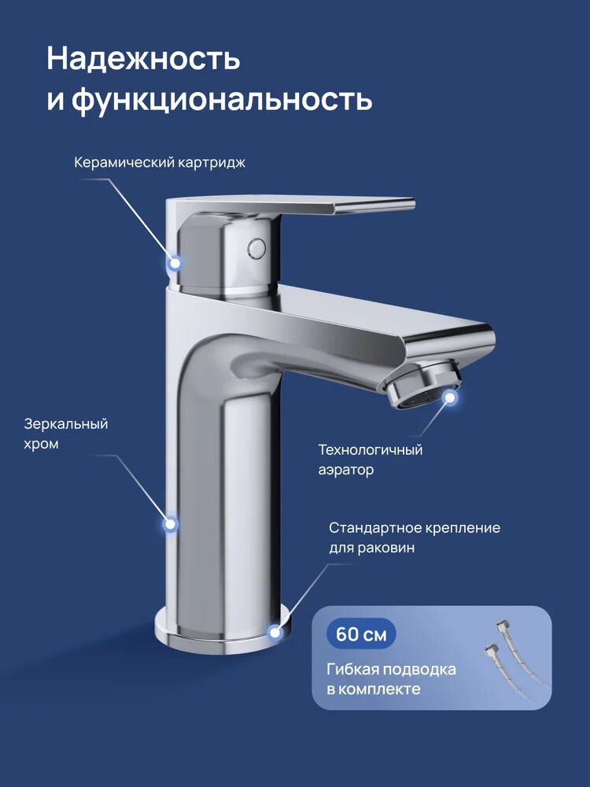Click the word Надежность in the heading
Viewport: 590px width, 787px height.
[143, 59]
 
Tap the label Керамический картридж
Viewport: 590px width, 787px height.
[160, 163]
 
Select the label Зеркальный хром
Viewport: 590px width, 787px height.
[65, 434]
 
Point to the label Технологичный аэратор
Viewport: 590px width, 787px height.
[370, 460]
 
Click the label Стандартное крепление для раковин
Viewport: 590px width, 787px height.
[414, 538]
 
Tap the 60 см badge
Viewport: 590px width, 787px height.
[361, 634]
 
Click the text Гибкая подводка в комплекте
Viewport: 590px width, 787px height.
[391, 678]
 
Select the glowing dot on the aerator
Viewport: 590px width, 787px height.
[451, 398]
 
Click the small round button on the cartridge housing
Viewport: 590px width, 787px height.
[255, 247]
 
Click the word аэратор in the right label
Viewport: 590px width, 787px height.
[345, 470]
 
